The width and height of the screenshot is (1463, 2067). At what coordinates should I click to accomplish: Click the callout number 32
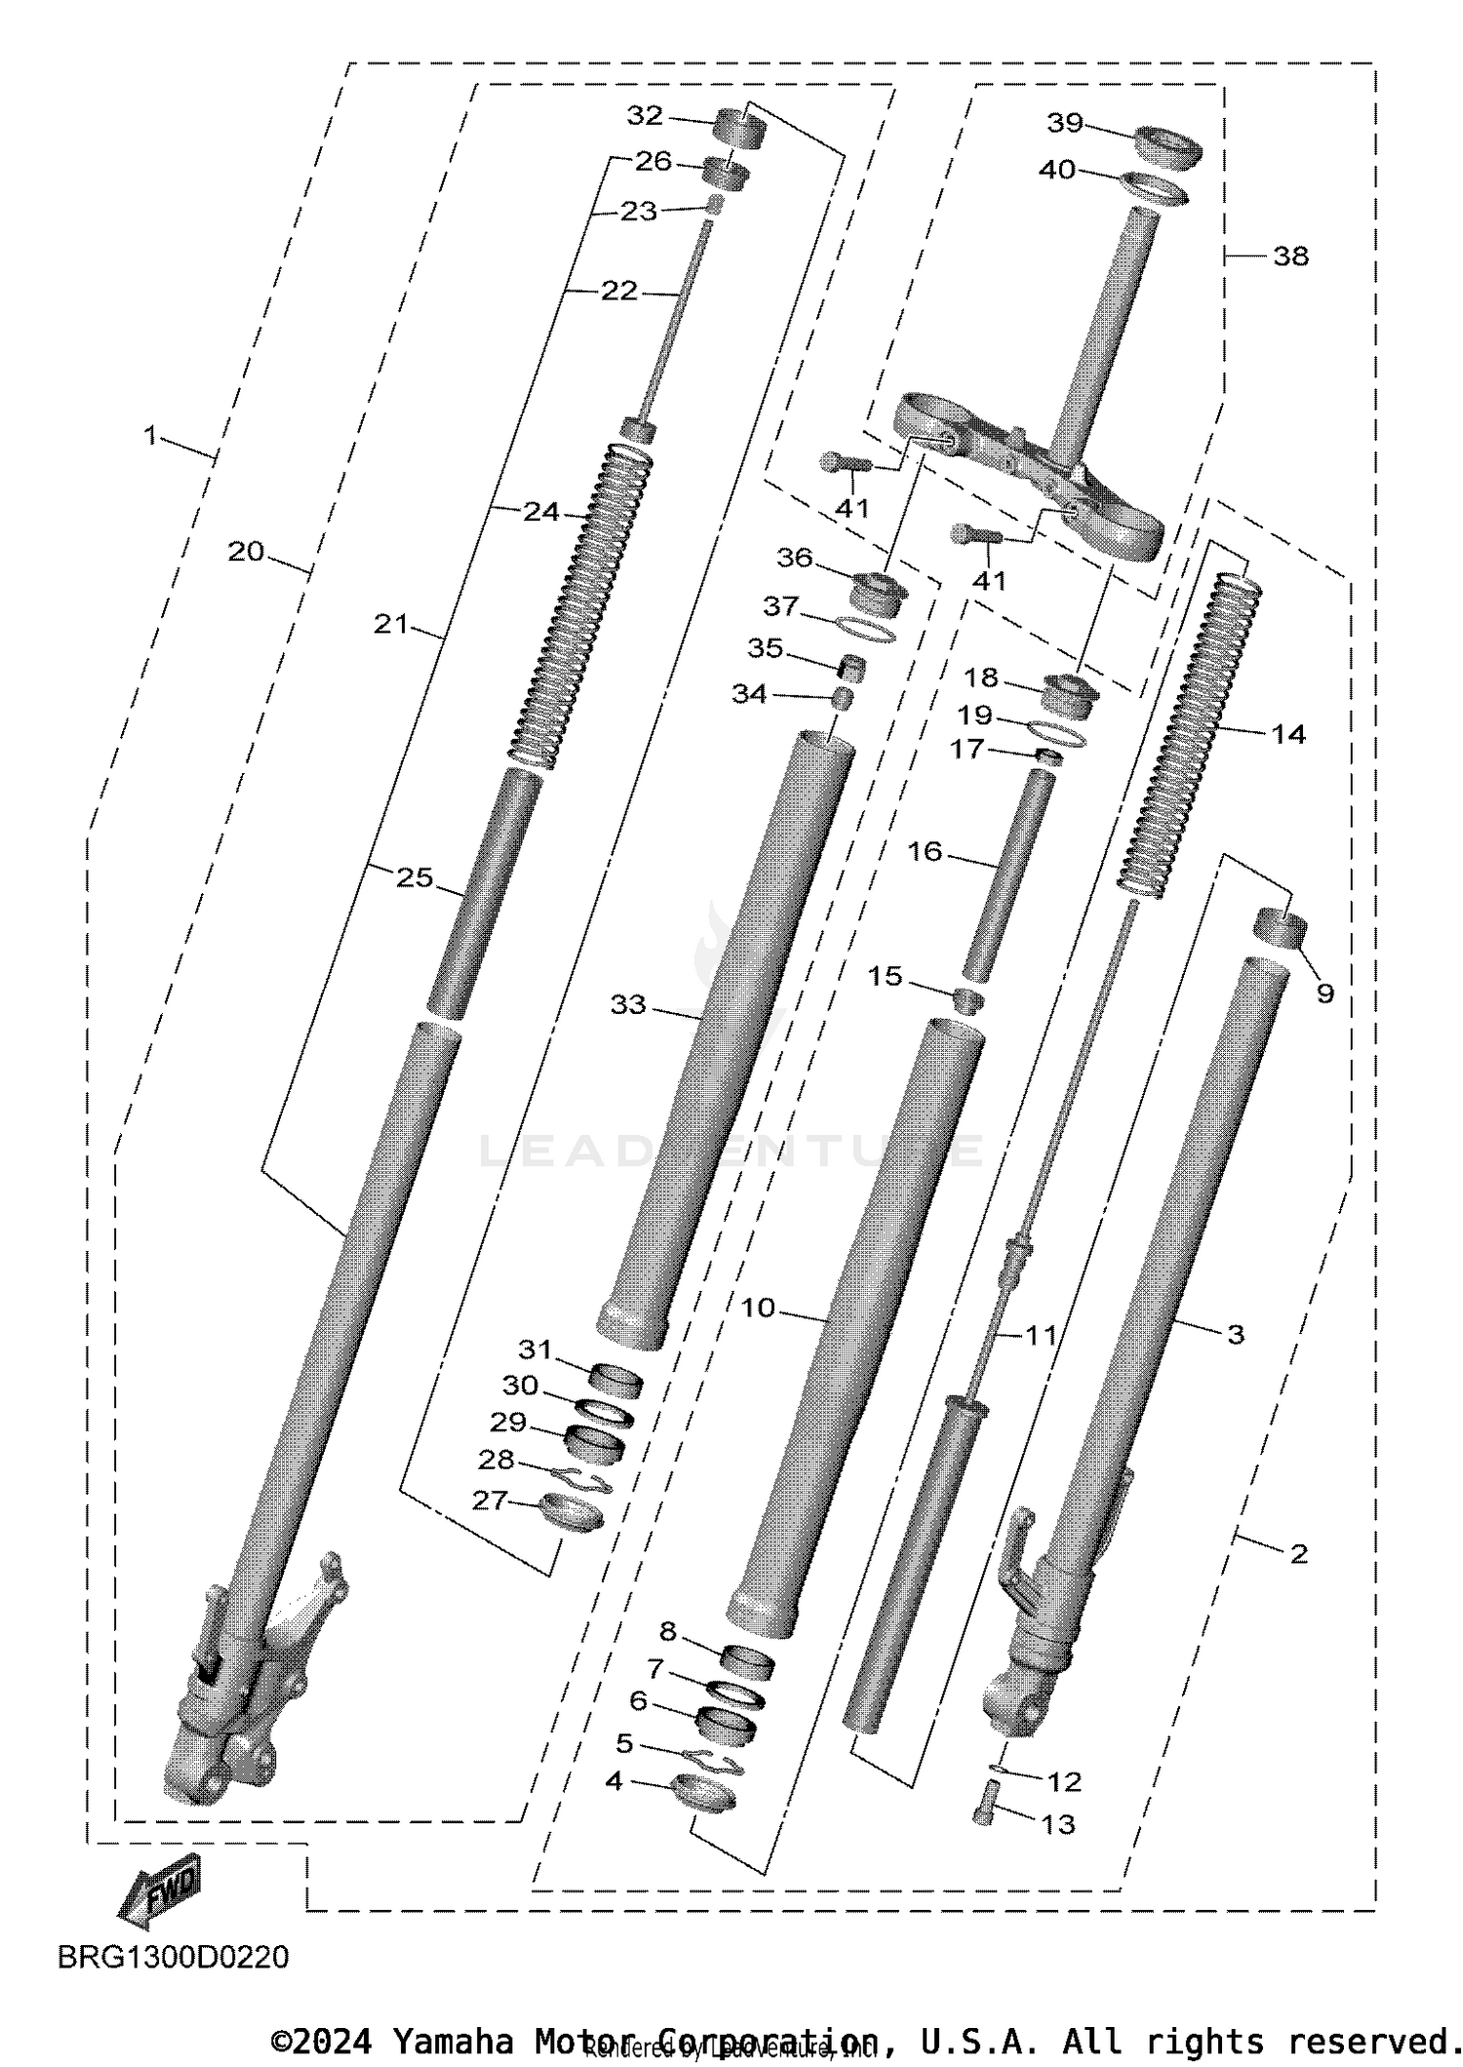pyautogui.click(x=644, y=116)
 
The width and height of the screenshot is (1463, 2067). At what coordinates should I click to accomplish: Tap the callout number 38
pyautogui.click(x=1290, y=256)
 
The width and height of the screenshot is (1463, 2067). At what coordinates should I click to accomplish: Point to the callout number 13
pyautogui.click(x=1058, y=1823)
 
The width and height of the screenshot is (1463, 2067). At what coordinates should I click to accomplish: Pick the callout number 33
pyautogui.click(x=628, y=1004)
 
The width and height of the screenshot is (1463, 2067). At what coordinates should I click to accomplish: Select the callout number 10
pyautogui.click(x=757, y=1307)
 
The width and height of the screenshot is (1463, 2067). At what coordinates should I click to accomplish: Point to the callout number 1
pyautogui.click(x=150, y=436)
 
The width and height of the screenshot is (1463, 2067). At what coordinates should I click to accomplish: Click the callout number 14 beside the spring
pyautogui.click(x=1287, y=734)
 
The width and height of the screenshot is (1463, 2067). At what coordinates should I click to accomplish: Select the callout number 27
pyautogui.click(x=490, y=1501)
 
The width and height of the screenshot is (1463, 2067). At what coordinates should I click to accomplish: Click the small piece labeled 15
pyautogui.click(x=967, y=1000)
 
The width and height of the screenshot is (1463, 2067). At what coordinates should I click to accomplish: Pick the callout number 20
pyautogui.click(x=246, y=552)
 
